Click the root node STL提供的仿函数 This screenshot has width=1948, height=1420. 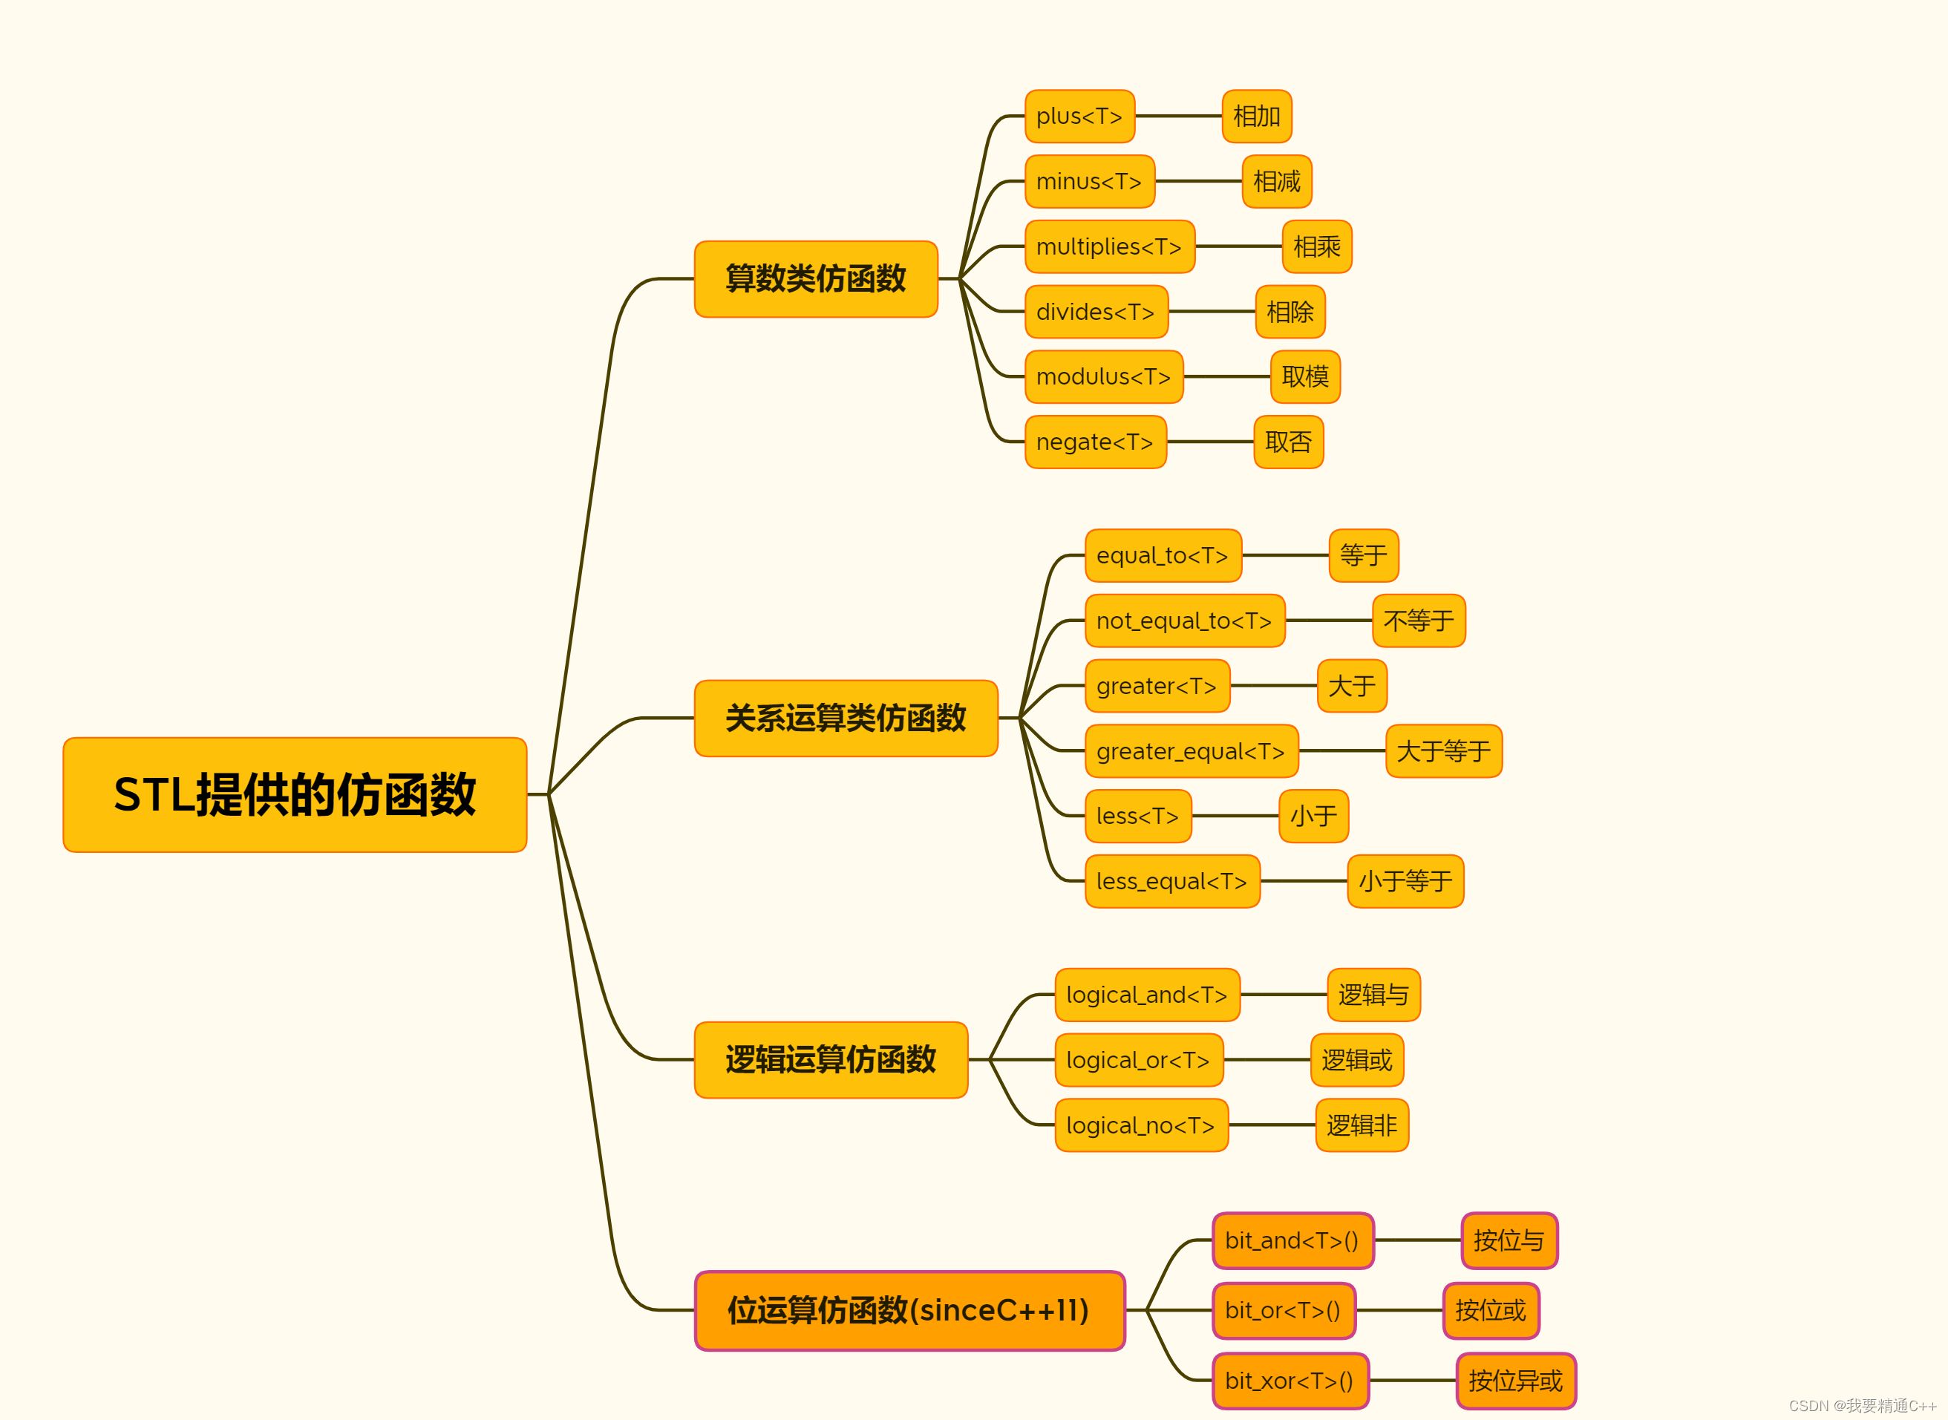click(x=294, y=794)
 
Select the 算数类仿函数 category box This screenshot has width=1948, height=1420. click(x=815, y=278)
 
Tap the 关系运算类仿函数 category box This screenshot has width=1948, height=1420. click(x=845, y=718)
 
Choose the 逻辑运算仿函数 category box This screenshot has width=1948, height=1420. click(x=831, y=1059)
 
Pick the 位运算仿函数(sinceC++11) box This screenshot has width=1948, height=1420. click(x=909, y=1310)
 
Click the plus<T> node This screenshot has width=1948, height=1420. click(x=1079, y=116)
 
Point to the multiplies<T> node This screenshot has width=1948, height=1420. click(x=1109, y=246)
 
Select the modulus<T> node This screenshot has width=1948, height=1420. click(x=1103, y=376)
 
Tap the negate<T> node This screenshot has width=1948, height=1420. click(x=1094, y=442)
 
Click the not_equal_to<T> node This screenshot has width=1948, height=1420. click(x=1184, y=621)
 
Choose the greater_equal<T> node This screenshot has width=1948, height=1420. click(x=1191, y=751)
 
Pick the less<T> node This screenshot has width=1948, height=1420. click(x=1137, y=816)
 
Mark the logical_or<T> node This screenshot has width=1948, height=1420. click(x=1138, y=1060)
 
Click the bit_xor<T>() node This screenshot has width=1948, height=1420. click(x=1290, y=1381)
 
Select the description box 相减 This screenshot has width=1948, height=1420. click(x=1277, y=181)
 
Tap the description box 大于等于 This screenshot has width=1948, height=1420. click(x=1443, y=751)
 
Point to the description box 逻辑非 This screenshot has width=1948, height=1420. click(x=1362, y=1125)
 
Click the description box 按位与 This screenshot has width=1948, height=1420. click(x=1509, y=1240)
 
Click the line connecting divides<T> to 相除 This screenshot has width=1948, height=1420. click(x=1212, y=311)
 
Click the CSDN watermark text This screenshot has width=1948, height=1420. click(x=1862, y=1405)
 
